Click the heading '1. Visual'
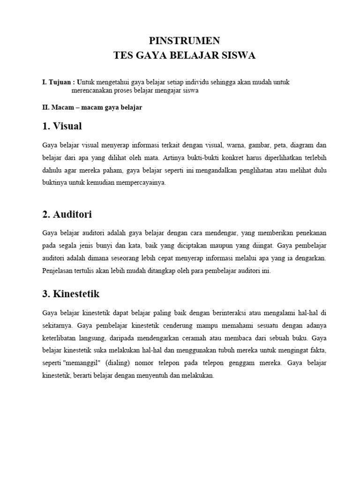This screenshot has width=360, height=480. point(62,126)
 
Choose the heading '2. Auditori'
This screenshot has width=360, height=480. point(67,215)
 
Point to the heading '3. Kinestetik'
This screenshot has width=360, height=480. point(71,294)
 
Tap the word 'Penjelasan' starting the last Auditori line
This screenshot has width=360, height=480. point(58,271)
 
